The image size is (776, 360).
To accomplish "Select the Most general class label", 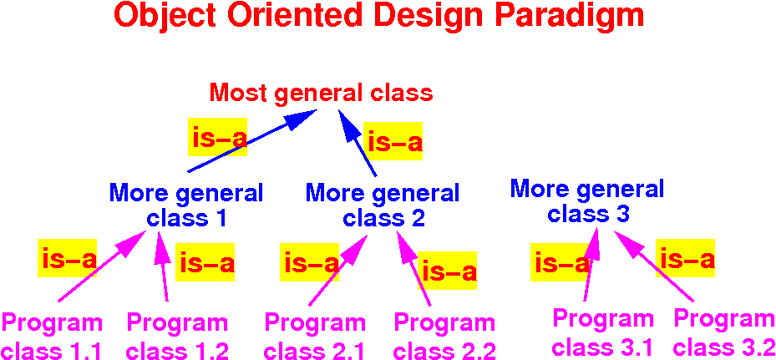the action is click(x=322, y=93).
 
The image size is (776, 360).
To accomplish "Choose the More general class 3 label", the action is click(x=587, y=201).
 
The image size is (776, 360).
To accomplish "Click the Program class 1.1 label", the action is click(x=53, y=337).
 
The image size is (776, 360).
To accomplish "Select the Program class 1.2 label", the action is click(x=178, y=337).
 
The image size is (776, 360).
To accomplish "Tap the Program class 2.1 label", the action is click(x=315, y=337).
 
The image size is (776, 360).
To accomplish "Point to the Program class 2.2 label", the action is click(x=445, y=337).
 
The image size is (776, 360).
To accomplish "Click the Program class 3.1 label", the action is click(x=601, y=332).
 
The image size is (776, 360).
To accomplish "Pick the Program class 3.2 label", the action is click(x=724, y=332).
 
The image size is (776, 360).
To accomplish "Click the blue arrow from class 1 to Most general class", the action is click(x=252, y=140).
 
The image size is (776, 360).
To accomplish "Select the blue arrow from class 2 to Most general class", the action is click(x=358, y=143).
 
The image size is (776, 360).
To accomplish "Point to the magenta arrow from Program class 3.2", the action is click(x=652, y=266).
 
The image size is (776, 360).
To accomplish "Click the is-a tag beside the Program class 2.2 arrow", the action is click(x=448, y=271).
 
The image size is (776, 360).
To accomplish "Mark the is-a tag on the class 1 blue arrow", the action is click(x=217, y=138).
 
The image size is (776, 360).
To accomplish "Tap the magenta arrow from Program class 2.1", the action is click(x=338, y=270).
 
